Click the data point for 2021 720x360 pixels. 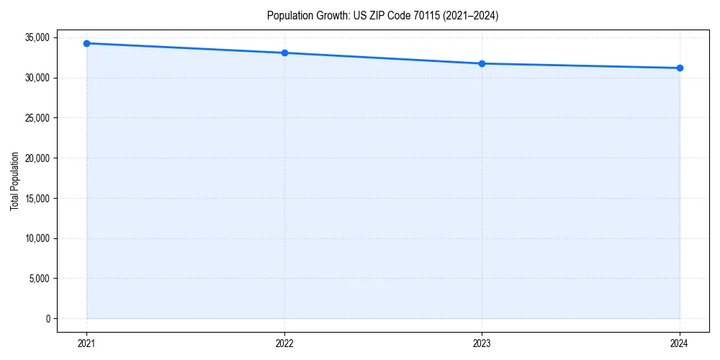86,43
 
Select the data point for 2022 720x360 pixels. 284,53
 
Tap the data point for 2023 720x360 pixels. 482,63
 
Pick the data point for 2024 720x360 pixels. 680,68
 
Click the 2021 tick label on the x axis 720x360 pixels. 86,343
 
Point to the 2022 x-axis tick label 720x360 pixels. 284,343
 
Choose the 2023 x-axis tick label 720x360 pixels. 482,343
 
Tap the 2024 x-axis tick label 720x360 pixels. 680,343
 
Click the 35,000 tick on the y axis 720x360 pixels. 37,37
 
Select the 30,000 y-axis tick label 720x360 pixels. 37,78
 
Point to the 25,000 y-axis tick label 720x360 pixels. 37,118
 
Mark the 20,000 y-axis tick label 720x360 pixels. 37,158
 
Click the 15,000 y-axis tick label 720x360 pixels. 37,198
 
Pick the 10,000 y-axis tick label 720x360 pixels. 37,238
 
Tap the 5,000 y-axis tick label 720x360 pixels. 40,279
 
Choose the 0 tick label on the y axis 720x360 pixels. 48,318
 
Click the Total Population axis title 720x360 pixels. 14,181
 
